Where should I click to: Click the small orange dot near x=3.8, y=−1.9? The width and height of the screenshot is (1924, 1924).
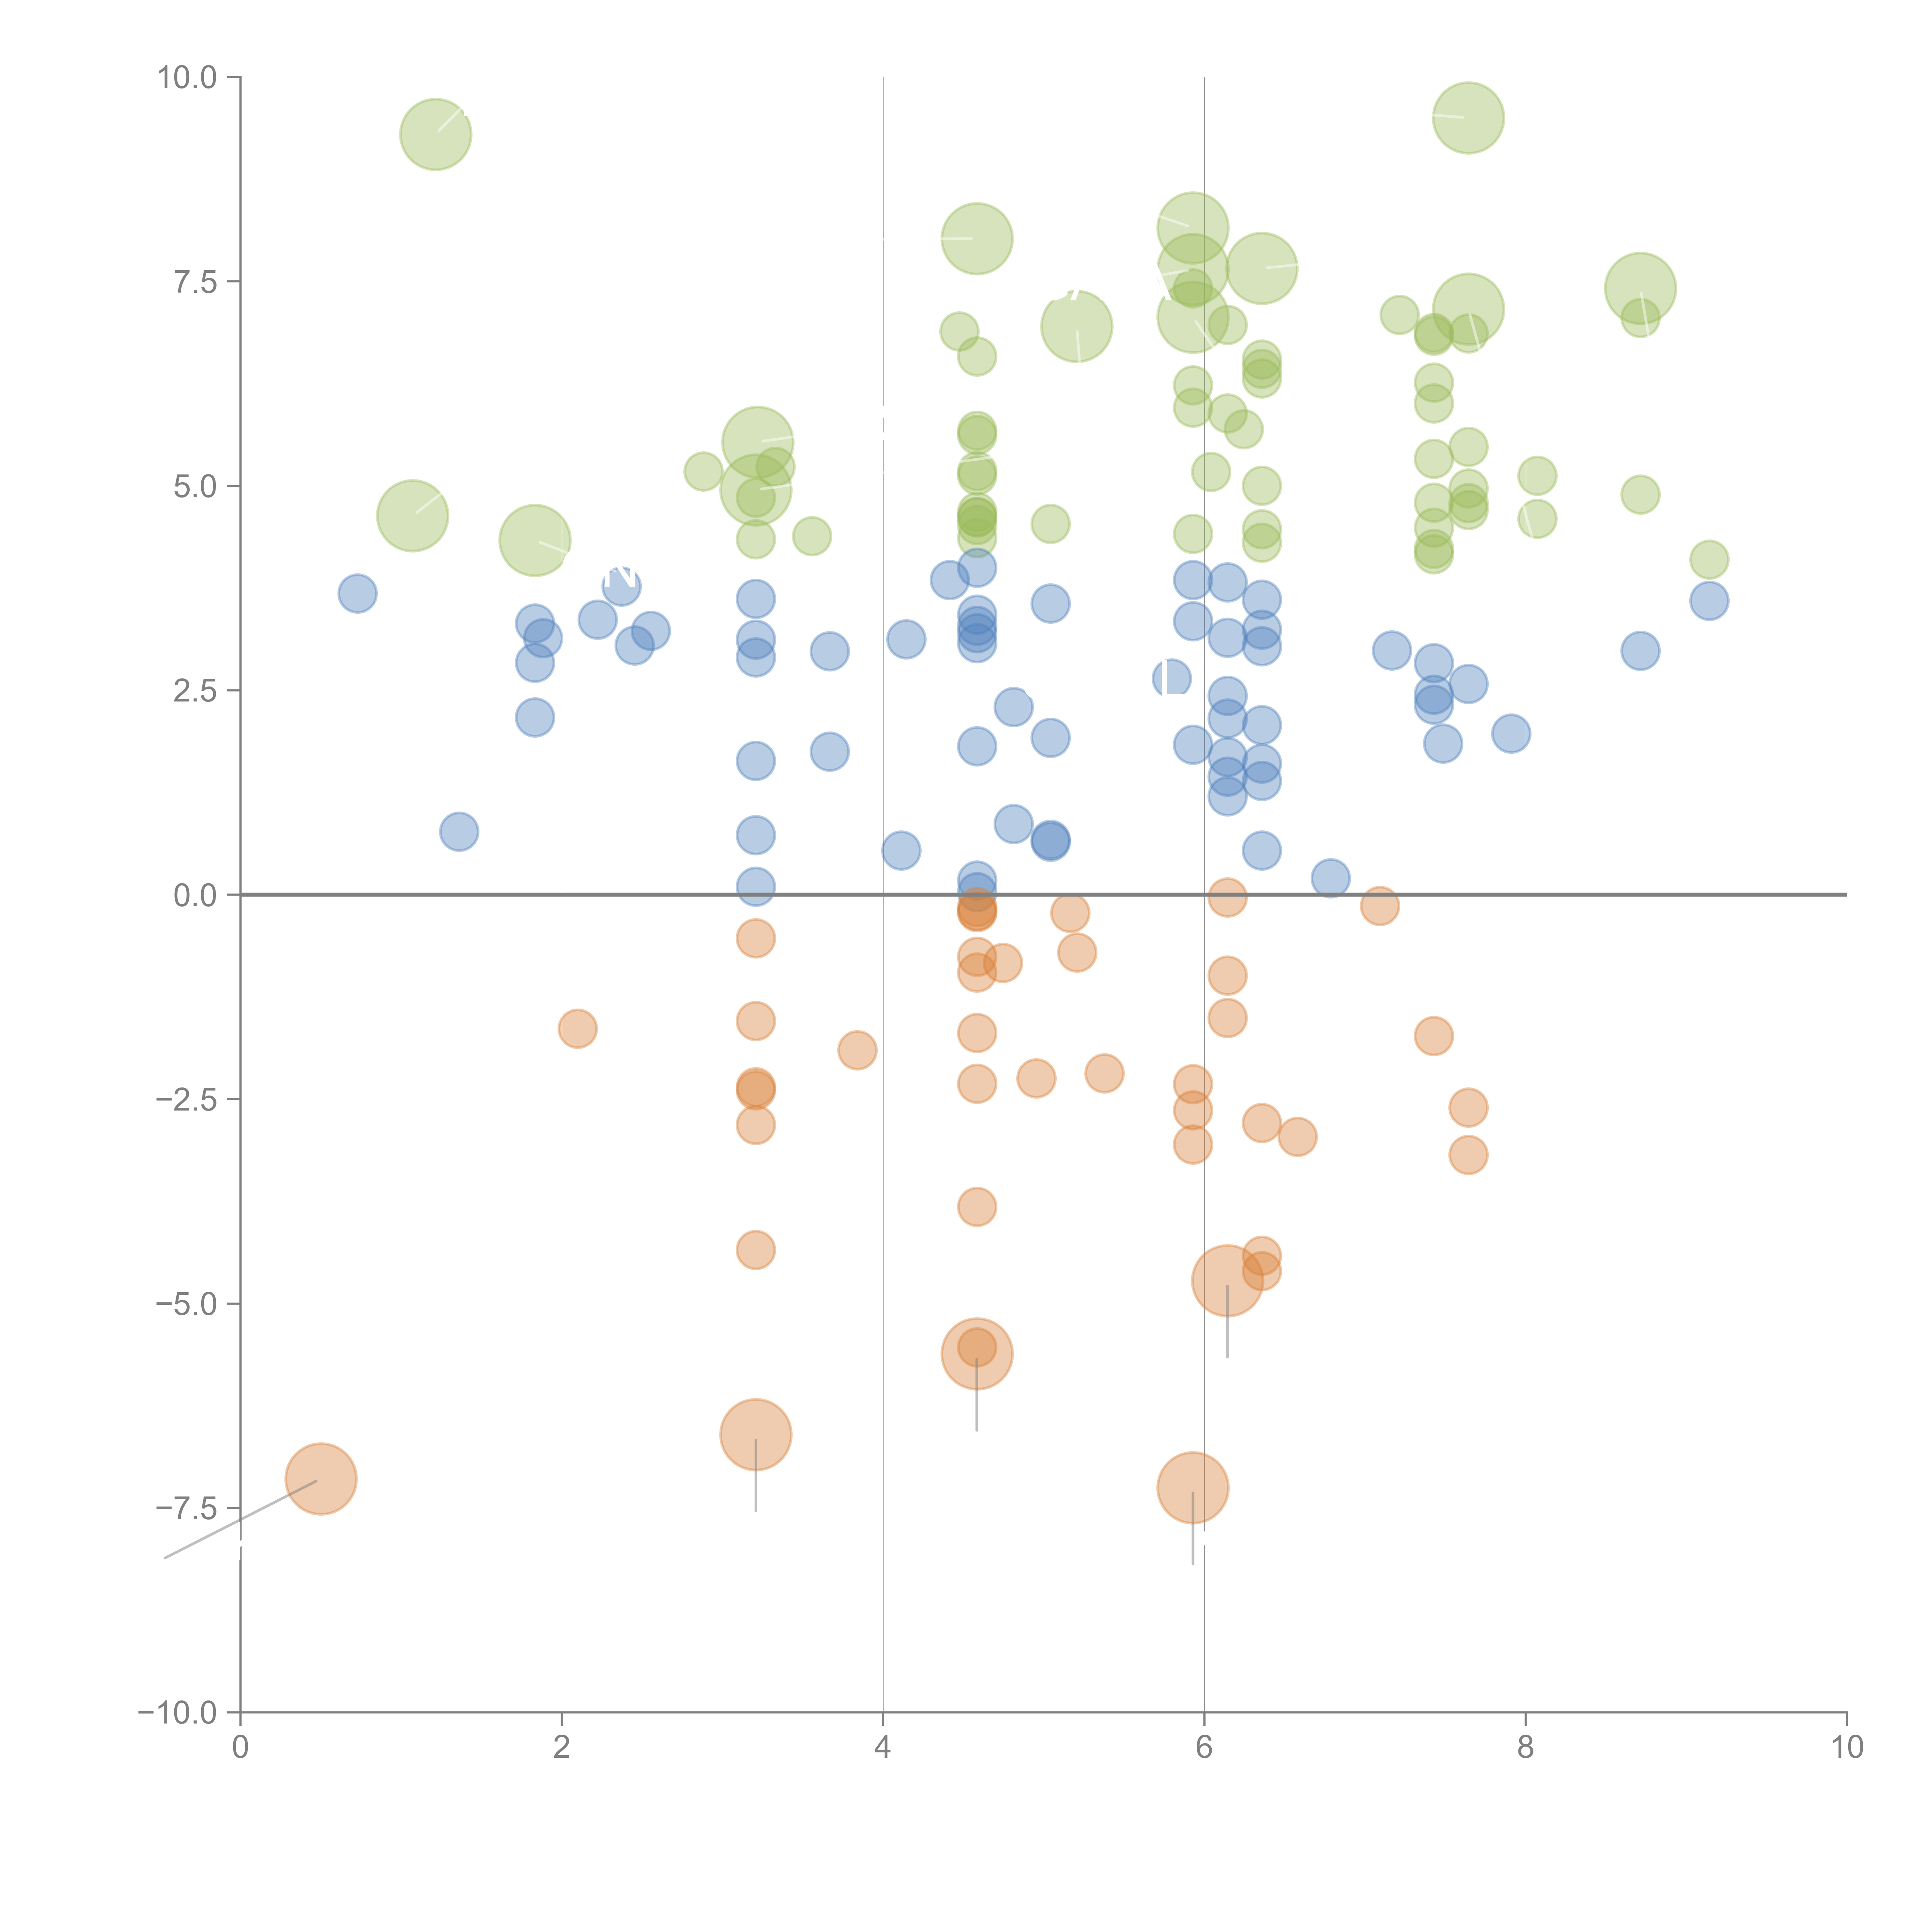click(857, 1050)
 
